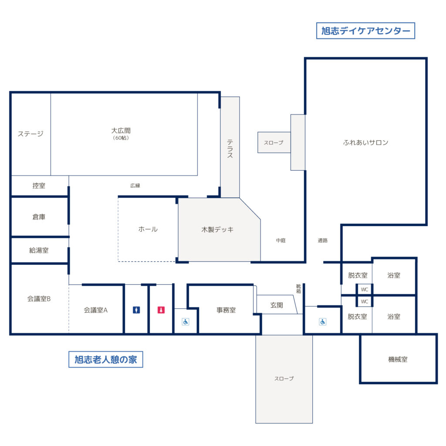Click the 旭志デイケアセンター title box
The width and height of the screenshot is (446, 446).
tap(365, 31)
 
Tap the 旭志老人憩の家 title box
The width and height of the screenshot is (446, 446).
tap(105, 359)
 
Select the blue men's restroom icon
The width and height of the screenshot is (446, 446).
tap(136, 310)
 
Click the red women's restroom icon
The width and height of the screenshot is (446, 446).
tap(161, 310)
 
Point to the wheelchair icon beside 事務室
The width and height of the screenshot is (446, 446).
tap(186, 322)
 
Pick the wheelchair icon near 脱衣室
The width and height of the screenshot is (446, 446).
tap(323, 322)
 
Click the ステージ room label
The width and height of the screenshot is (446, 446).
tap(30, 134)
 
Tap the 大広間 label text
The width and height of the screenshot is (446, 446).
tap(121, 131)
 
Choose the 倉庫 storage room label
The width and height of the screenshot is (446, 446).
tap(39, 217)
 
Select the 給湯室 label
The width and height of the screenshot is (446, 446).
tap(39, 250)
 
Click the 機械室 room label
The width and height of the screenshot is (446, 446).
tap(398, 359)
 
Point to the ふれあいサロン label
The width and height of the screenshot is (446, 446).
tap(365, 142)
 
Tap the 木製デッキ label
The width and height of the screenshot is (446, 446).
tap(217, 229)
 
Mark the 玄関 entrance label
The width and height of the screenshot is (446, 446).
tap(277, 305)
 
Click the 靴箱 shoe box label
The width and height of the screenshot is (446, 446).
tap(298, 289)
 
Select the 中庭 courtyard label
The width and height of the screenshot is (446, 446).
tap(281, 240)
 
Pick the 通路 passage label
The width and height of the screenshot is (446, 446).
tap(323, 240)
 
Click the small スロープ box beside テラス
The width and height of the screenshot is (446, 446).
tap(274, 142)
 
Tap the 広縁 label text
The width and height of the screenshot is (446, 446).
tap(135, 186)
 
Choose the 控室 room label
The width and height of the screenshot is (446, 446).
tap(39, 186)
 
